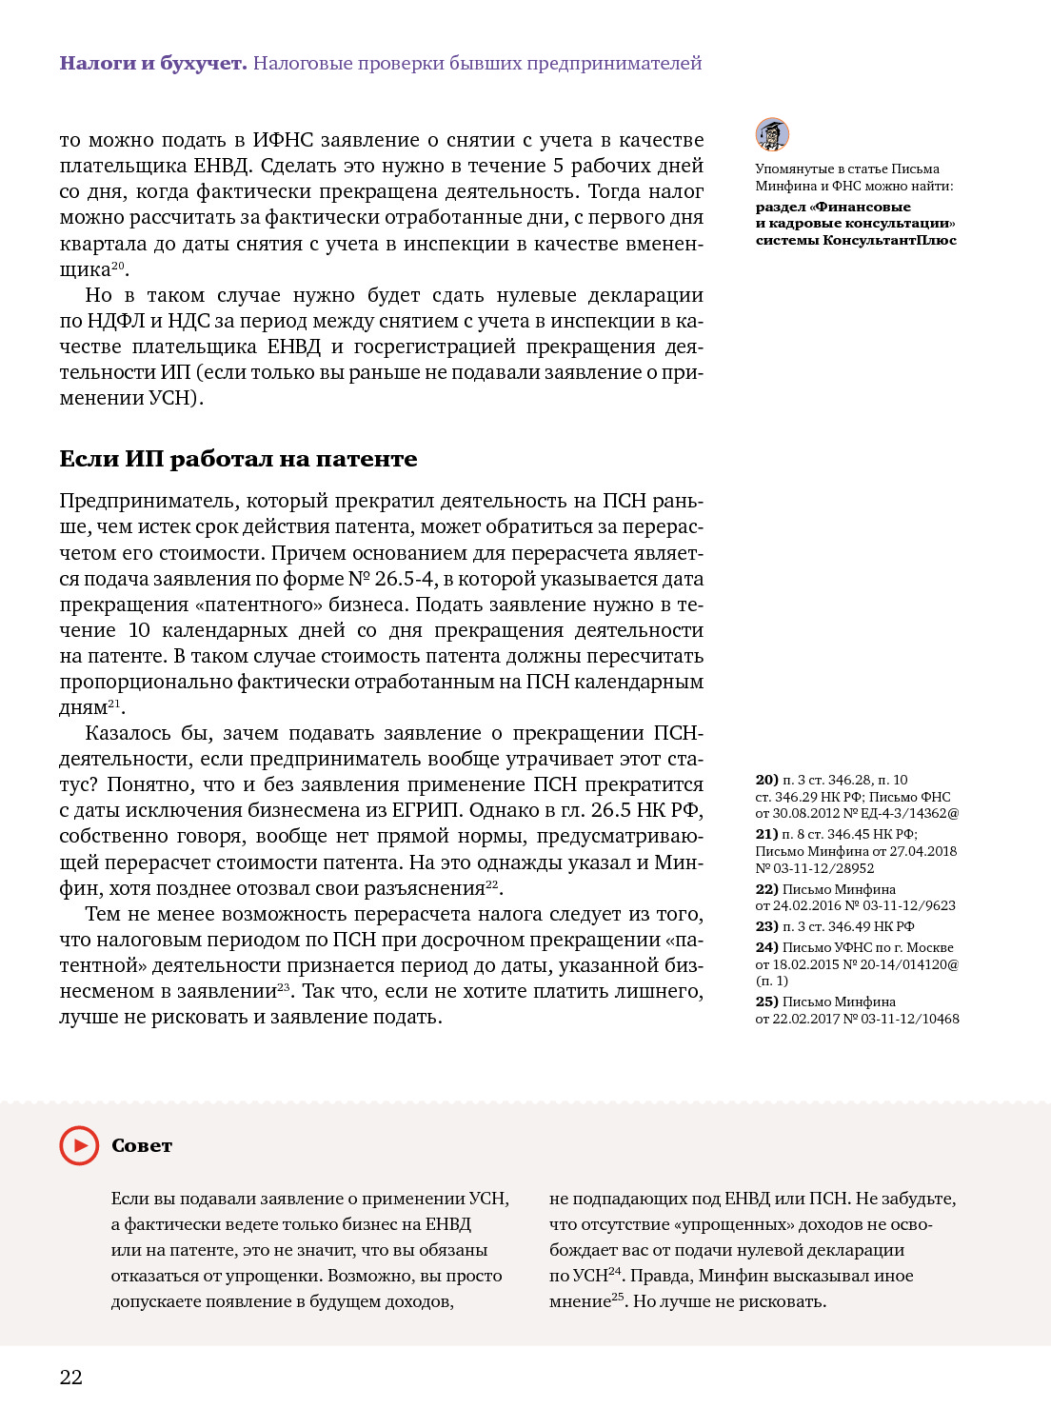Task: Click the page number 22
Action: pos(71,1377)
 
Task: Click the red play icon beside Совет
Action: pos(79,1145)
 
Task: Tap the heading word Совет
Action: pos(142,1145)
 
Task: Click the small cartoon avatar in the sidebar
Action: pos(772,135)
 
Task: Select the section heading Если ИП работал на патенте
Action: pos(238,459)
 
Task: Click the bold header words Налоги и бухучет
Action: pos(153,63)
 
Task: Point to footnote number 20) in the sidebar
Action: pos(766,780)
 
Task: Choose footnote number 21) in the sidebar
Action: pos(766,834)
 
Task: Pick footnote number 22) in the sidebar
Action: pos(766,889)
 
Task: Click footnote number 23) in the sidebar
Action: pos(766,926)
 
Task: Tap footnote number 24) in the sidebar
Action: pos(766,947)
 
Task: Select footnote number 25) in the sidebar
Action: pos(766,1002)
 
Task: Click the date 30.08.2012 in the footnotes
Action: pos(807,814)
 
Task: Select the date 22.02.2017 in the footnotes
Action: pos(807,1019)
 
